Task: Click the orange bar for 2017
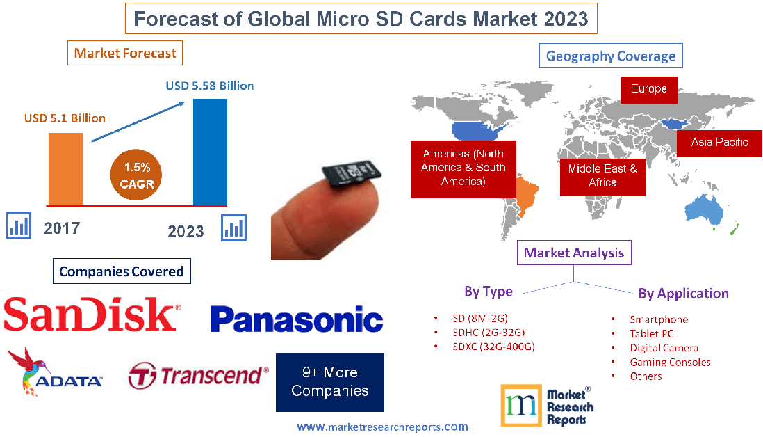[65, 168]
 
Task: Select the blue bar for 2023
[210, 152]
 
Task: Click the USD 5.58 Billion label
[209, 86]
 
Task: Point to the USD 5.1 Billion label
[65, 118]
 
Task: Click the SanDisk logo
[92, 314]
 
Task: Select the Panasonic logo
[296, 319]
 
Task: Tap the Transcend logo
[199, 376]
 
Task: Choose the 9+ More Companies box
[329, 382]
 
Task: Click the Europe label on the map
[648, 89]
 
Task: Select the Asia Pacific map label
[719, 143]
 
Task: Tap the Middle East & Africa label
[602, 175]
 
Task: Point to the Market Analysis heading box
[574, 253]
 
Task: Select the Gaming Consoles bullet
[670, 362]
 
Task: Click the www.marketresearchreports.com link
[382, 427]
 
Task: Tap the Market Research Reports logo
[548, 405]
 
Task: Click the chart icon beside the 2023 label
[233, 227]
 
